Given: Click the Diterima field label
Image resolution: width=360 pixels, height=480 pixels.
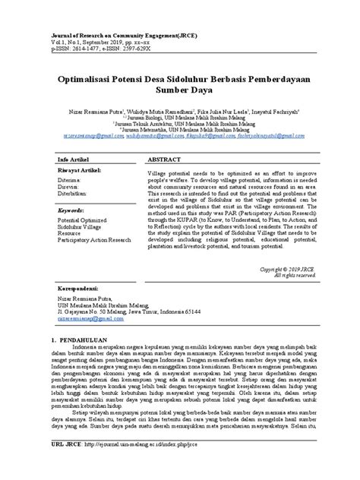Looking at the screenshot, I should coord(67,182).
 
